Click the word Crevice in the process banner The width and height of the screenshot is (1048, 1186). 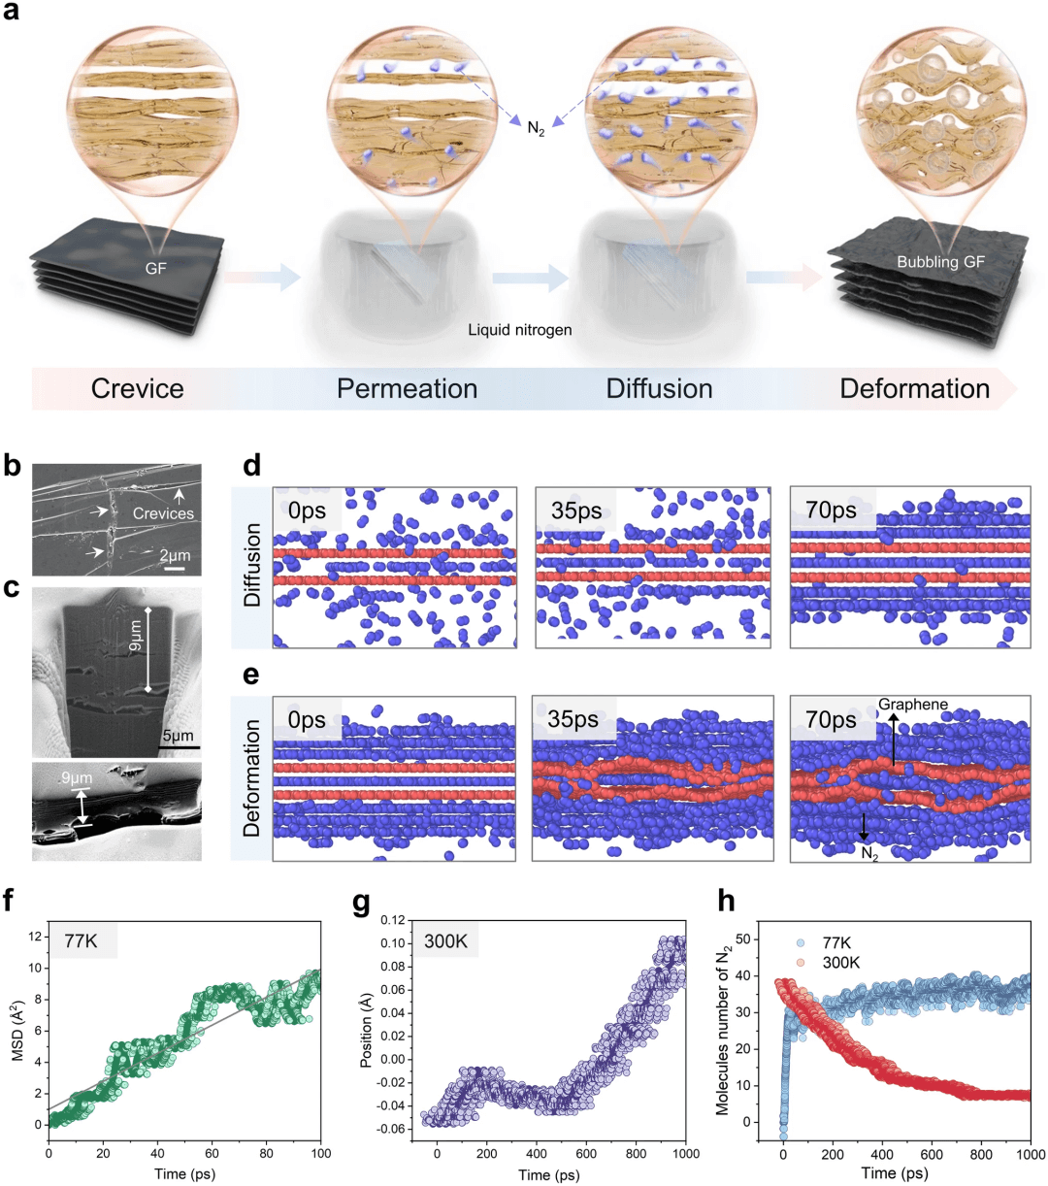137,389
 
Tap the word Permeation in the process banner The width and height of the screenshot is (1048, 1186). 407,389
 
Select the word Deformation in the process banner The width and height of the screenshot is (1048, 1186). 914,389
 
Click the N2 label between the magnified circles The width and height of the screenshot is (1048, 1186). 536,128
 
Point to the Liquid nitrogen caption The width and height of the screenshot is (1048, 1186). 520,330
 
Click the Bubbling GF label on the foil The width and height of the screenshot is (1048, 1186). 940,262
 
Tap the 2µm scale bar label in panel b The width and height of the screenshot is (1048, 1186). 176,555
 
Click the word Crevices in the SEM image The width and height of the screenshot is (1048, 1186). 163,513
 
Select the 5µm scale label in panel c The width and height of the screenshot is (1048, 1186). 178,736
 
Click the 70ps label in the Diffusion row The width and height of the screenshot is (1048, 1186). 832,511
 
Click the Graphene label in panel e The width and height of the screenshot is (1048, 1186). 913,705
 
